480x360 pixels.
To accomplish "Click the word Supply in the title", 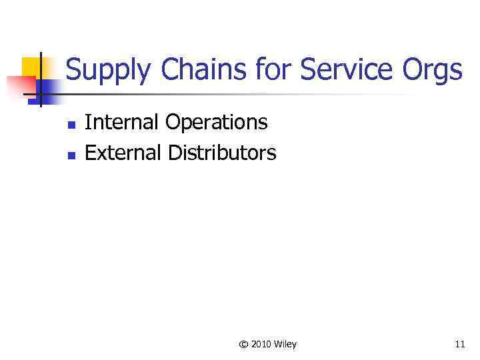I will tap(106, 71).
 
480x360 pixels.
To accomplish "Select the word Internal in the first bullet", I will tap(123, 122).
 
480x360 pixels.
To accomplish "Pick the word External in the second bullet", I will tap(123, 153).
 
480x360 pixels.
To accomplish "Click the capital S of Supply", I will tap(73, 70).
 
